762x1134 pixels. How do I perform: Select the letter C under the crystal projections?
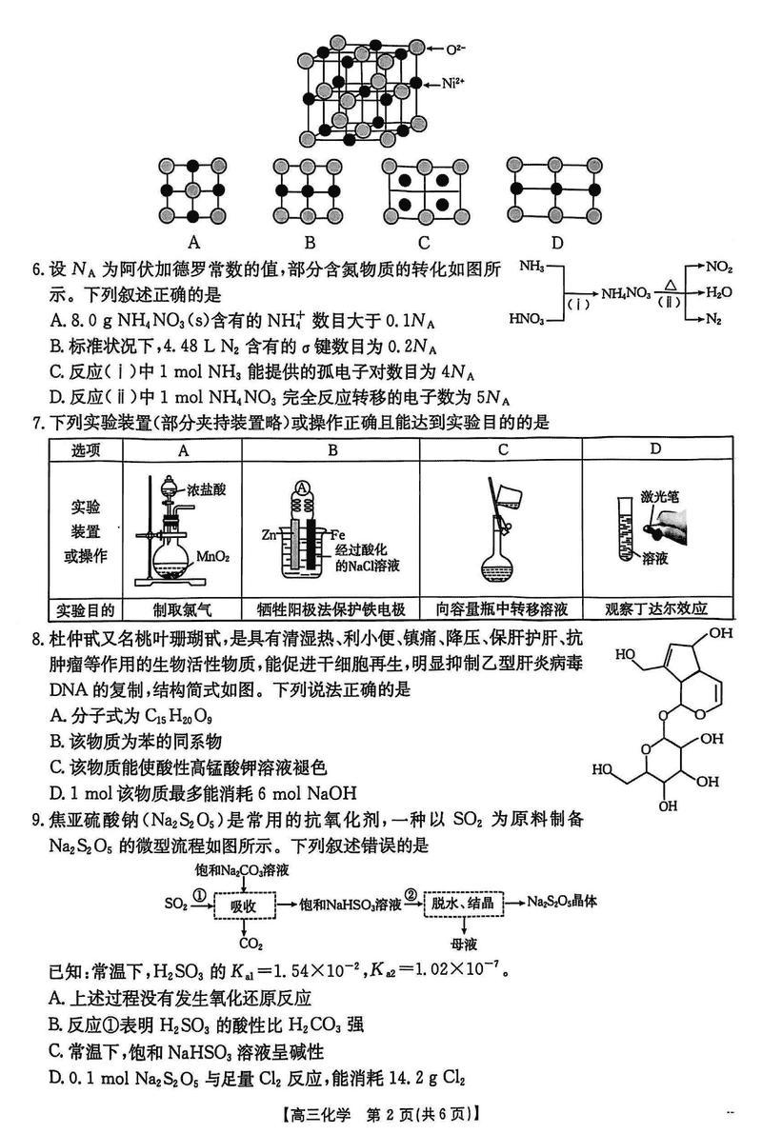(x=424, y=242)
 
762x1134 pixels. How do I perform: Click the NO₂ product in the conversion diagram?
(x=720, y=268)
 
